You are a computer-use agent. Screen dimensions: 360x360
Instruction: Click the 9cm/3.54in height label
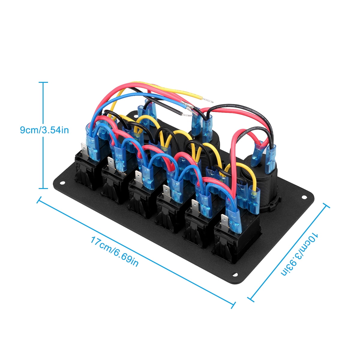(44, 130)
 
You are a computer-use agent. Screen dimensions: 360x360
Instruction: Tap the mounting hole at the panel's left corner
(62, 182)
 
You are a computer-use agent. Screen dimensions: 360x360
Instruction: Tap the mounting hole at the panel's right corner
(304, 197)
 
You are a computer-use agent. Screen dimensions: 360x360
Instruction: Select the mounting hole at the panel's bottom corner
(235, 274)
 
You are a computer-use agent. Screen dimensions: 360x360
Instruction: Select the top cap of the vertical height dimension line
(43, 82)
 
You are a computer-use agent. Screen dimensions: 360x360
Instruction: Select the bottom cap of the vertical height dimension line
(43, 188)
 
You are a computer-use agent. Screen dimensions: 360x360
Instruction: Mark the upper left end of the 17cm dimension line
(38, 200)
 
